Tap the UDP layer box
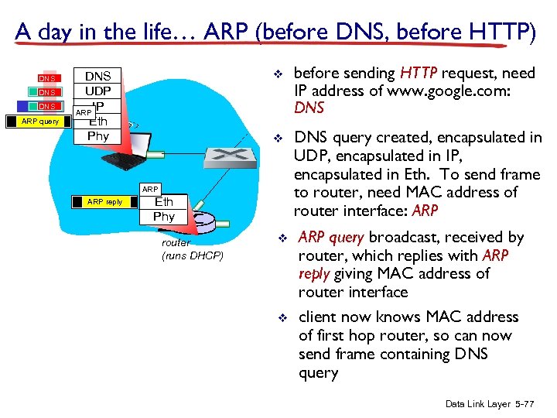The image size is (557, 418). coord(97,91)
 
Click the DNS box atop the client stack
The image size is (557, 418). coord(97,76)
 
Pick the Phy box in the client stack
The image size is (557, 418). coord(97,136)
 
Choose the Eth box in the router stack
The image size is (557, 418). coord(164,202)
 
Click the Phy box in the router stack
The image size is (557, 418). coord(164,217)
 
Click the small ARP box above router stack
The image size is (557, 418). coord(150,189)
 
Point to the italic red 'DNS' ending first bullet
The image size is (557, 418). coord(309,108)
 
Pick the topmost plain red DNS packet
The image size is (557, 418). coord(48,78)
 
